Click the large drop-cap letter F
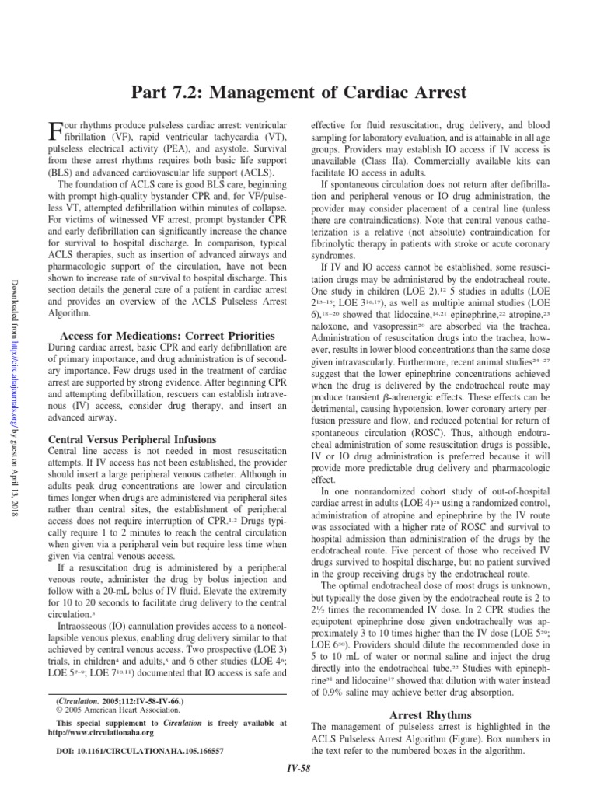coord(55,134)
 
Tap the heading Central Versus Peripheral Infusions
coord(132,439)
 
